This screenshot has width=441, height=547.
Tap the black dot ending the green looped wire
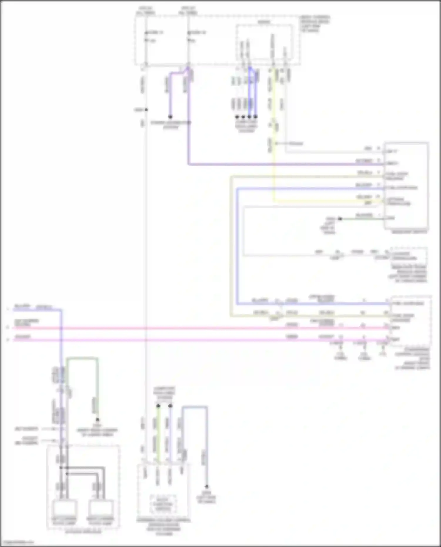tap(97, 420)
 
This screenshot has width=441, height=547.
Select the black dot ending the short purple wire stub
tap(170, 117)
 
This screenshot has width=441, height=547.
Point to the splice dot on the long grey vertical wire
tap(146, 110)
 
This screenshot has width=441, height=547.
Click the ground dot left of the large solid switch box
tap(340, 219)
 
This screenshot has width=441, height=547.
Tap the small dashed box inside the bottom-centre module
tap(163, 504)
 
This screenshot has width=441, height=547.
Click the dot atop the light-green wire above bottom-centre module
tap(158, 406)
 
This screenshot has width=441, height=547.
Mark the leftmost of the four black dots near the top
tap(237, 117)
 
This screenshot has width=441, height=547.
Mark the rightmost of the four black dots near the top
tap(255, 117)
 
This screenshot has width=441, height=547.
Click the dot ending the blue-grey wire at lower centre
tap(206, 486)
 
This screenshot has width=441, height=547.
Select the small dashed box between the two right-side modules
tap(409, 255)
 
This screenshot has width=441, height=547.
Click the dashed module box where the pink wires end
tap(411, 321)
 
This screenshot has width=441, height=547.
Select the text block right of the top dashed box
tap(315, 24)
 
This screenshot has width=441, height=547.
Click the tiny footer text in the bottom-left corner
tap(17, 542)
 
